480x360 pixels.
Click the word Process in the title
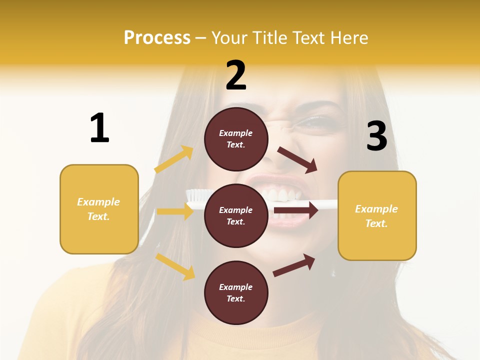[x=157, y=37]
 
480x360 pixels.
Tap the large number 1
[x=99, y=128]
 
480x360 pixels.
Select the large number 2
[x=236, y=75]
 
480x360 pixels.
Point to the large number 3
[x=376, y=136]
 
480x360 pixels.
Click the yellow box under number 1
[x=99, y=209]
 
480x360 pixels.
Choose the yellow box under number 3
[x=377, y=215]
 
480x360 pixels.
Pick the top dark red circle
[x=236, y=139]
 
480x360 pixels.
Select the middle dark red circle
[x=236, y=215]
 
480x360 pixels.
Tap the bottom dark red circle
[x=236, y=292]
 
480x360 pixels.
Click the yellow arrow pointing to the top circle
[x=174, y=159]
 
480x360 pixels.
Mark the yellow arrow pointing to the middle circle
[x=175, y=211]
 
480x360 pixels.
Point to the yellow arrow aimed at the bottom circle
[x=175, y=266]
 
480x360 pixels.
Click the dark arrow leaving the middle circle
[x=296, y=210]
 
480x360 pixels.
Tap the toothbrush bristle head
[x=195, y=194]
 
